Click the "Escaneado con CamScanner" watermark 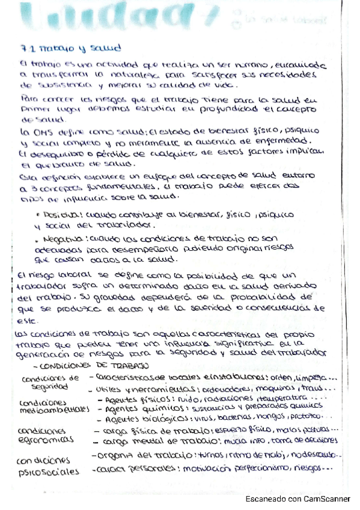(x=297, y=499)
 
